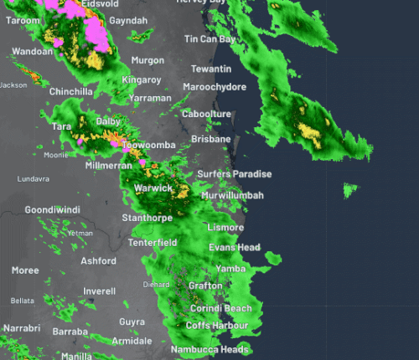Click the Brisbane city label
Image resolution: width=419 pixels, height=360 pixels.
(210, 138)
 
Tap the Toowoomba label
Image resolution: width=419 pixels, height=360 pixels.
(148, 146)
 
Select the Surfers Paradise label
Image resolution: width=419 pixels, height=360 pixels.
(235, 173)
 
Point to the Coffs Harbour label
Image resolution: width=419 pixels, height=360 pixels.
(217, 325)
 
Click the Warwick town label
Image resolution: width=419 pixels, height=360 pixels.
(153, 188)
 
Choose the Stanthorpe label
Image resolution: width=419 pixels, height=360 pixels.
(147, 218)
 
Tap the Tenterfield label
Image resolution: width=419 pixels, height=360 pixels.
(153, 243)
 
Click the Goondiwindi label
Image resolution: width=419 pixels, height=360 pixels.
(51, 209)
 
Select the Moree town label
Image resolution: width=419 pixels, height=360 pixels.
(25, 270)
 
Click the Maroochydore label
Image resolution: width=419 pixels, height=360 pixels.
(215, 87)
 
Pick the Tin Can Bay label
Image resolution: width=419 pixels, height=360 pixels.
(210, 39)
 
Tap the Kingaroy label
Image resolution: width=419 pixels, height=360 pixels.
(141, 80)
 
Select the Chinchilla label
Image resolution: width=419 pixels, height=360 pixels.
(70, 91)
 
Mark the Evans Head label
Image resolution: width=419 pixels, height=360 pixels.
(234, 248)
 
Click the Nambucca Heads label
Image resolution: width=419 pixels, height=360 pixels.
(210, 349)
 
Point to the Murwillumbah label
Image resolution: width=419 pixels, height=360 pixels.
(233, 195)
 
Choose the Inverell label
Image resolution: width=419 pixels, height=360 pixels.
(99, 291)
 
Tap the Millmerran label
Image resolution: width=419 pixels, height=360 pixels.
(110, 166)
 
